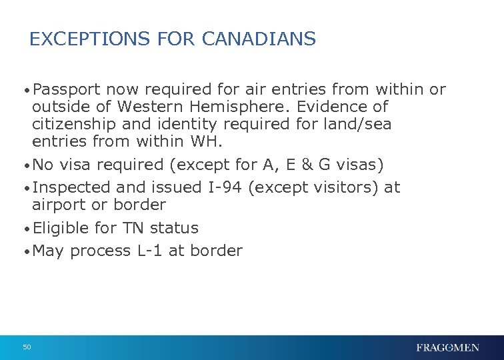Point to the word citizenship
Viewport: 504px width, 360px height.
pos(74,124)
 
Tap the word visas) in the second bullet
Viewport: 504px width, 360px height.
pos(359,164)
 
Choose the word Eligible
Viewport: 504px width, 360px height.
pos(61,228)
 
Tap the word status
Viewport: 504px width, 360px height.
pos(174,228)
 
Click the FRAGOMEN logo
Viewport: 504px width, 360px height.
pos(447,348)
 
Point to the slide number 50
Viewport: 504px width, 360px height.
pos(27,347)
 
